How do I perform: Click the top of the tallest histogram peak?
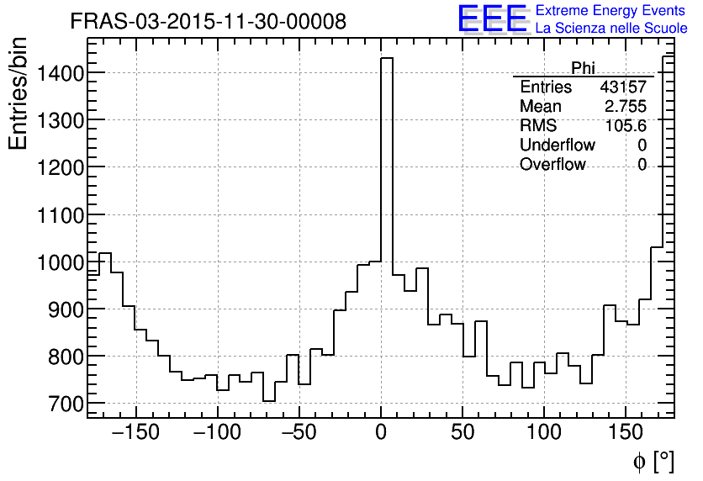tap(387, 58)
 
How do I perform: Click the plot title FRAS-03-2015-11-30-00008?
tap(208, 22)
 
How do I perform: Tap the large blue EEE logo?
tap(492, 18)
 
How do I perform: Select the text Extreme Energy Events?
tap(610, 11)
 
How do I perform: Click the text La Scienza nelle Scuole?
tap(610, 29)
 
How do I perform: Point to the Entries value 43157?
tap(622, 87)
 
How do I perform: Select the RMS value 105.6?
tap(626, 126)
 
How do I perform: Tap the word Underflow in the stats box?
tap(558, 145)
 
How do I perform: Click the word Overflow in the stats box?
tap(552, 165)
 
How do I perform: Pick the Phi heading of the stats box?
tap(583, 68)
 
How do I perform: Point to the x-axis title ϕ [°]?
tap(653, 461)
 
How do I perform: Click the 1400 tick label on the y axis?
tap(61, 74)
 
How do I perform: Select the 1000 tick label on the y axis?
tap(61, 263)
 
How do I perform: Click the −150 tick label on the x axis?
tap(133, 433)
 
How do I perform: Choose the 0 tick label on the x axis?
tap(381, 433)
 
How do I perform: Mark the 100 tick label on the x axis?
tap(544, 433)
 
